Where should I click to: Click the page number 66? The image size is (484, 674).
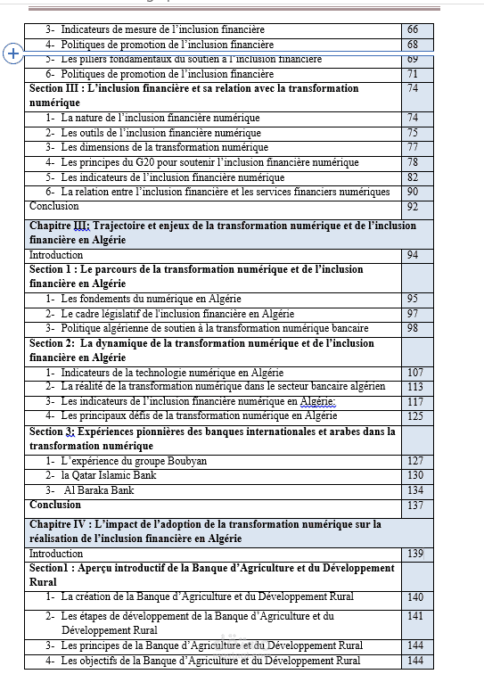tap(413, 30)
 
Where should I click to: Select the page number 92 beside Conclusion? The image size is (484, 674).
tap(413, 207)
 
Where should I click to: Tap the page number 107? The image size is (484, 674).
tap(415, 373)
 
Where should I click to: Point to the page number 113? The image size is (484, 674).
tap(415, 387)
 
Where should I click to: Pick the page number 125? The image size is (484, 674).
tap(415, 415)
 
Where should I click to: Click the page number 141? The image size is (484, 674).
tap(415, 616)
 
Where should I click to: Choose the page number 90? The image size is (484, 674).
tap(413, 192)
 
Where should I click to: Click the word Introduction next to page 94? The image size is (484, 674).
tap(56, 255)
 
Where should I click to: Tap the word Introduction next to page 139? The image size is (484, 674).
tap(56, 554)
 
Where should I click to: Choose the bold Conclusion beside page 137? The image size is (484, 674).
tap(55, 505)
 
